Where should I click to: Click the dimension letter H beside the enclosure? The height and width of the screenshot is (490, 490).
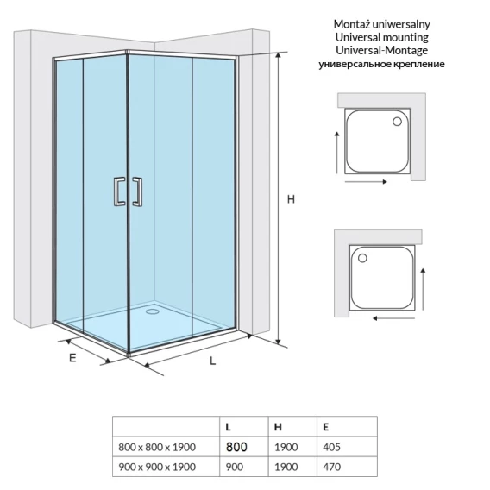tap(291, 199)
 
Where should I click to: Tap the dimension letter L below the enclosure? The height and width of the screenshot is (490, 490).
tap(213, 361)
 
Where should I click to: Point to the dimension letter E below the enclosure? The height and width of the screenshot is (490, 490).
tap(72, 358)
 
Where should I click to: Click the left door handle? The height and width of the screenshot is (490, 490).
tap(119, 192)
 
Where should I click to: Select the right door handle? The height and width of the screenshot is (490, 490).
tap(137, 192)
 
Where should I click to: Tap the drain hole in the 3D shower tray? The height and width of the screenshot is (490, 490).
tap(153, 311)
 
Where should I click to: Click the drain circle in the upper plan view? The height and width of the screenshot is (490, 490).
tap(397, 122)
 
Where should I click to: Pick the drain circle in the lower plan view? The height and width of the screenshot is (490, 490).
tap(362, 258)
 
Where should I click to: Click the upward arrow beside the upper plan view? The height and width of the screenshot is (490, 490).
tap(336, 153)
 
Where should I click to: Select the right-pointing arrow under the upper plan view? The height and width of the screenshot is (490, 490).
tap(367, 181)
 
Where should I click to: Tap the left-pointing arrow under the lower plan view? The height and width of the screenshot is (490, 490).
tap(393, 318)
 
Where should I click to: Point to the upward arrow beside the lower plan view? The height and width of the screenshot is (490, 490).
tap(423, 289)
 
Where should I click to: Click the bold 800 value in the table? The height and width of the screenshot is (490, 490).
tap(236, 447)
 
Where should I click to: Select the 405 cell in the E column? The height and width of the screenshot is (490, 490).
tap(331, 447)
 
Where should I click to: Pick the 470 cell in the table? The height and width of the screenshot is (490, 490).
tap(331, 467)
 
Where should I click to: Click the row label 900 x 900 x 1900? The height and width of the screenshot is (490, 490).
tap(157, 467)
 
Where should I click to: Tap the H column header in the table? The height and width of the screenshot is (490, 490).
tap(278, 427)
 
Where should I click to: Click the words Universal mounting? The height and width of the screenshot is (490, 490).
tap(381, 37)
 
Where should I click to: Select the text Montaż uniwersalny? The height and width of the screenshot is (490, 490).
tap(381, 24)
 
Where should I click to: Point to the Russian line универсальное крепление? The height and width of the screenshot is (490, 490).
tap(381, 64)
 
